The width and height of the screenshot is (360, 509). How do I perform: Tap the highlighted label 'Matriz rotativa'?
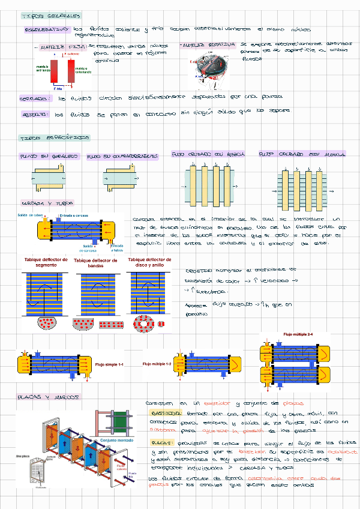(x=206, y=45)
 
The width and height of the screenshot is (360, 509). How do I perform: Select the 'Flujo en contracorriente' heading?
(x=122, y=157)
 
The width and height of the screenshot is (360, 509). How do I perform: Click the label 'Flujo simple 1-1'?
(x=109, y=364)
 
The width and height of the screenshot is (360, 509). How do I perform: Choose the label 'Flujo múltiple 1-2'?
(x=157, y=364)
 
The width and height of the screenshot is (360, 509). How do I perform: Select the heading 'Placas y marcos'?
(x=50, y=398)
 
